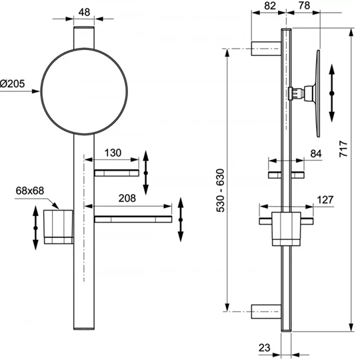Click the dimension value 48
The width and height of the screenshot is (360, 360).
(84, 12)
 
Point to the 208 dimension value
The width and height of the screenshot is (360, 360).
(127, 198)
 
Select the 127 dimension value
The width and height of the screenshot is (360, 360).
(325, 198)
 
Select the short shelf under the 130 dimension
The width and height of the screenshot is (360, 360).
(117, 173)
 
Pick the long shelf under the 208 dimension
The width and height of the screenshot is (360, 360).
(133, 219)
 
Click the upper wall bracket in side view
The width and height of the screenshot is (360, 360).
(265, 47)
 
